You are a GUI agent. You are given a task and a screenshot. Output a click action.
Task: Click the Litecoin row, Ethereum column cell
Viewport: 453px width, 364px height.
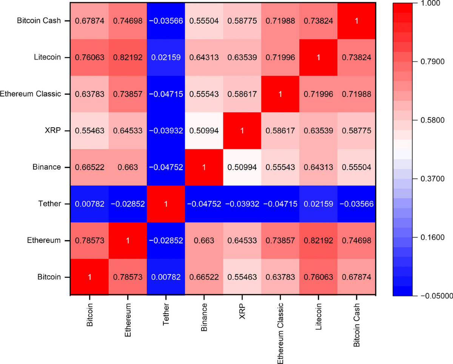coord(128,57)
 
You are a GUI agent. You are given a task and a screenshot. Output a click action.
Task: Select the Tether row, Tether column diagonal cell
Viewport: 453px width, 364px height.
coord(166,204)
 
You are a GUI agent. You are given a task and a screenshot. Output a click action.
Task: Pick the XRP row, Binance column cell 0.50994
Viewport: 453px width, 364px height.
coord(204,131)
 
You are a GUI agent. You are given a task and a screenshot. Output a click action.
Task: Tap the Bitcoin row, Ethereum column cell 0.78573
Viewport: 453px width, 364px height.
coord(128,277)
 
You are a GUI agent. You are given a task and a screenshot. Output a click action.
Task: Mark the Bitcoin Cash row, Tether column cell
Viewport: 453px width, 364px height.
coord(166,21)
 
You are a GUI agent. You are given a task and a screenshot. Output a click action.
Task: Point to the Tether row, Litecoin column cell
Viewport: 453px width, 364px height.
coord(318,204)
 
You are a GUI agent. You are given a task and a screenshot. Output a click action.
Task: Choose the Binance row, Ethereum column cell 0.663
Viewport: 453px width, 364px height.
coord(128,167)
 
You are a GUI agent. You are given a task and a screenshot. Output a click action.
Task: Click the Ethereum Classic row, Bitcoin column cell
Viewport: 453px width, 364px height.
coord(89,94)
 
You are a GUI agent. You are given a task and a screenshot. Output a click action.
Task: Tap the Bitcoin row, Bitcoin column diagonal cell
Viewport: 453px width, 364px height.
coord(89,277)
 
